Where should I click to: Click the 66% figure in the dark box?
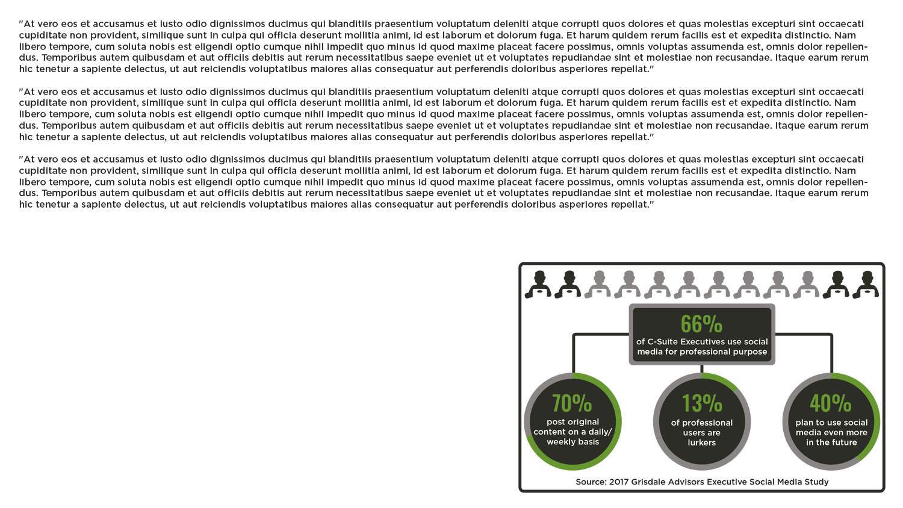(701, 324)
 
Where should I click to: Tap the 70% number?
(572, 403)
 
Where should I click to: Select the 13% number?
(702, 403)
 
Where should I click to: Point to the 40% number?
(831, 403)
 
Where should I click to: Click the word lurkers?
(702, 443)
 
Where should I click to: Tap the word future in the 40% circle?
(845, 442)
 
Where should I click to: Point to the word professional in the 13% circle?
(707, 423)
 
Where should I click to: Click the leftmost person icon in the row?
(538, 284)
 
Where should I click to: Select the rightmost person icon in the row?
(866, 284)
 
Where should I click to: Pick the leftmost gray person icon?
(598, 284)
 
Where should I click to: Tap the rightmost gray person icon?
(806, 284)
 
